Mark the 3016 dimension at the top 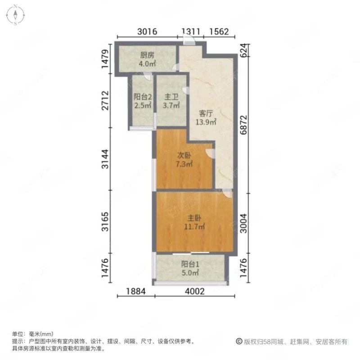(x=147, y=31)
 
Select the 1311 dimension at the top (x=190, y=31)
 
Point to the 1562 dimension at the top (x=220, y=31)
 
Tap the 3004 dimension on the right (x=243, y=222)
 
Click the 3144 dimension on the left (x=105, y=160)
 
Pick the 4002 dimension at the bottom (x=195, y=292)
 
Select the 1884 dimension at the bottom (x=135, y=292)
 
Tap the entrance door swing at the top (x=190, y=41)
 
